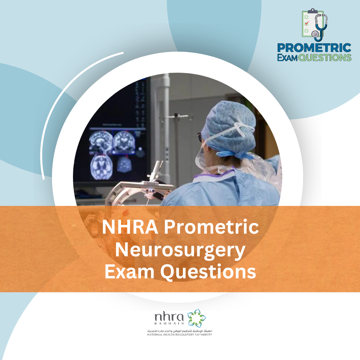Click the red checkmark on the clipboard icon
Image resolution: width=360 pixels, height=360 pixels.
tap(307, 23)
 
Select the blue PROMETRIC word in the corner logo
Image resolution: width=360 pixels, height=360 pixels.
tap(314, 48)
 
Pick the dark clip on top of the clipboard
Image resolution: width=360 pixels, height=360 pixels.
tap(313, 11)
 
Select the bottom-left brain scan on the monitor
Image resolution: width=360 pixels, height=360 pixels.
tap(100, 166)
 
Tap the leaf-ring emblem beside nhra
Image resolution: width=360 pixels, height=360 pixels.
tap(196, 317)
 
